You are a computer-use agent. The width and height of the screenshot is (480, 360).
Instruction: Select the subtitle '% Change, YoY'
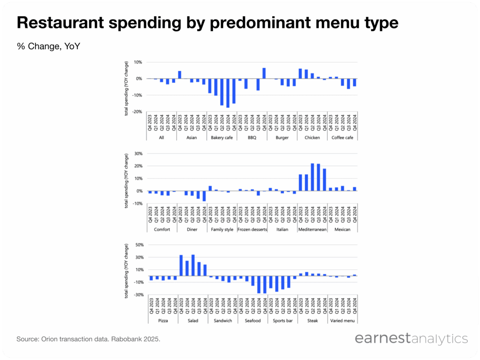(x=48, y=46)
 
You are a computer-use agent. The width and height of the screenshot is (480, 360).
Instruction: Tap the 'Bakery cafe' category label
(x=222, y=137)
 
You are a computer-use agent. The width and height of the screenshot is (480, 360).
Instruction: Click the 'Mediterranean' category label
(x=312, y=229)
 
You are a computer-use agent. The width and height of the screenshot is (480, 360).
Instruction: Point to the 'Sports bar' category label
(x=282, y=321)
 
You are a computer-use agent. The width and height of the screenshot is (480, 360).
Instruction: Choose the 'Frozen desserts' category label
(x=252, y=229)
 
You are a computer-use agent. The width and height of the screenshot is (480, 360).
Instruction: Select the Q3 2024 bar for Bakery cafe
(x=228, y=93)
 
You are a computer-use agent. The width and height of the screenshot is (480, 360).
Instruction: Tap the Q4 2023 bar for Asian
(x=179, y=75)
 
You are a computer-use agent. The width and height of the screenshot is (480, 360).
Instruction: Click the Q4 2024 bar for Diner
(x=204, y=196)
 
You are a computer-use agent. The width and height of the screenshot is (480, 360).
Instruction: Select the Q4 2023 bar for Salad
(x=181, y=265)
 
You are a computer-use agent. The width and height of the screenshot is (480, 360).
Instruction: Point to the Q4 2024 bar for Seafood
(x=264, y=285)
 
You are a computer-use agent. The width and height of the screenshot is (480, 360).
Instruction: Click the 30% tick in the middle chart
(x=138, y=154)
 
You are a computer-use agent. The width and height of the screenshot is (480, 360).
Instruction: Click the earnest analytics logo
(x=411, y=339)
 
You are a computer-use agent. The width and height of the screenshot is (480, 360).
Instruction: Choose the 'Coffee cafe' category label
(x=342, y=137)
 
